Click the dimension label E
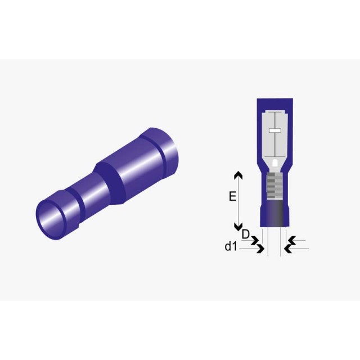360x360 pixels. (232, 196)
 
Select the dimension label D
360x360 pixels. (245, 235)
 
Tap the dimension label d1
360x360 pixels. (231, 246)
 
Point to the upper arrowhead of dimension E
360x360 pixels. (238, 175)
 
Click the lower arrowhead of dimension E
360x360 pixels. (238, 227)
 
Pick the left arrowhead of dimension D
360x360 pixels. (255, 240)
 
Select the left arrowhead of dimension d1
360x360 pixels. (260, 249)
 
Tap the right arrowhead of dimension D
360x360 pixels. (292, 240)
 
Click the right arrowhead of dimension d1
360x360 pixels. (289, 249)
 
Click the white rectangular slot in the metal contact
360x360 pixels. (275, 130)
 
